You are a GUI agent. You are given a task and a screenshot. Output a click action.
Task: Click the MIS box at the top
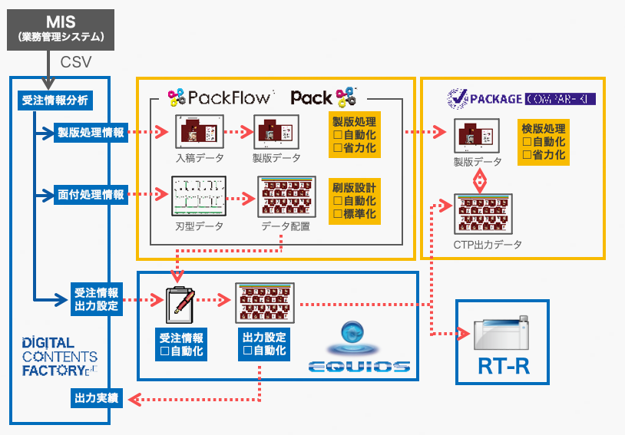[x=60, y=29]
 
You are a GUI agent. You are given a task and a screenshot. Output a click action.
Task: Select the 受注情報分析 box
[x=54, y=100]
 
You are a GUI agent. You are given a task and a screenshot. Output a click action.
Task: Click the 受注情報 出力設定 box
[x=96, y=298]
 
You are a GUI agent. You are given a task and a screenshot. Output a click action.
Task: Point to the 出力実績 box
[x=96, y=398]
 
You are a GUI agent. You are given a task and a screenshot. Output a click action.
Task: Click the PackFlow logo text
[x=220, y=97]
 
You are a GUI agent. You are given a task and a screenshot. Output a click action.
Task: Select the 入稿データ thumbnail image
[x=199, y=133]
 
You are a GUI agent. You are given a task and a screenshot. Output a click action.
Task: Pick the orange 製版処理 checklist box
[x=354, y=135]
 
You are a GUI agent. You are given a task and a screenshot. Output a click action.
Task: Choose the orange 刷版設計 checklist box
[x=354, y=200]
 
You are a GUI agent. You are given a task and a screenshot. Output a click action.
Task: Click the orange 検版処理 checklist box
[x=544, y=142]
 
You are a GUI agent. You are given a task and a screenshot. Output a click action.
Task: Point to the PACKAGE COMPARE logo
[x=521, y=98]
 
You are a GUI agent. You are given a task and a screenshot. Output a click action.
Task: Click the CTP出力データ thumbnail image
[x=481, y=213]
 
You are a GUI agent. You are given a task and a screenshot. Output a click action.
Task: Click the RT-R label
[x=503, y=364]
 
